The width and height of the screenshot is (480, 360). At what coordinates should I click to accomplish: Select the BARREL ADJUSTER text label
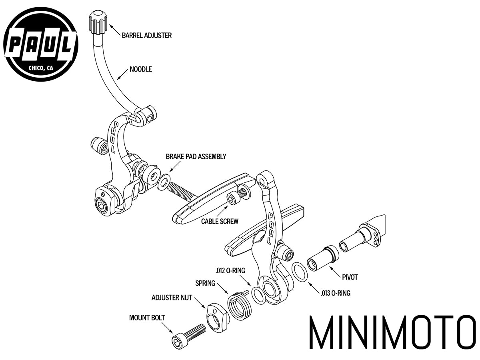(147, 36)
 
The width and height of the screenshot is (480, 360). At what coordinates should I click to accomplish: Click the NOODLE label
(141, 69)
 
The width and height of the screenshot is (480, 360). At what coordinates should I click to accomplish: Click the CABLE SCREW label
(220, 221)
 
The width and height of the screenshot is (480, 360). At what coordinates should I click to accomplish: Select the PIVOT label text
(350, 277)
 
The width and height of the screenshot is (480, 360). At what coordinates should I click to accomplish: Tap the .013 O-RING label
(335, 293)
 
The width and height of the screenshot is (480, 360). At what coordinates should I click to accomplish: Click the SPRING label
(205, 283)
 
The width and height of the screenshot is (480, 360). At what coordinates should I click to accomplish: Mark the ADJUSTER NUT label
(172, 298)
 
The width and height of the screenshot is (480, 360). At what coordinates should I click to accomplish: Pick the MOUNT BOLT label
(147, 318)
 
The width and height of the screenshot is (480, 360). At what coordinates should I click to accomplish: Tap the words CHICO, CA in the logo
(41, 68)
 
